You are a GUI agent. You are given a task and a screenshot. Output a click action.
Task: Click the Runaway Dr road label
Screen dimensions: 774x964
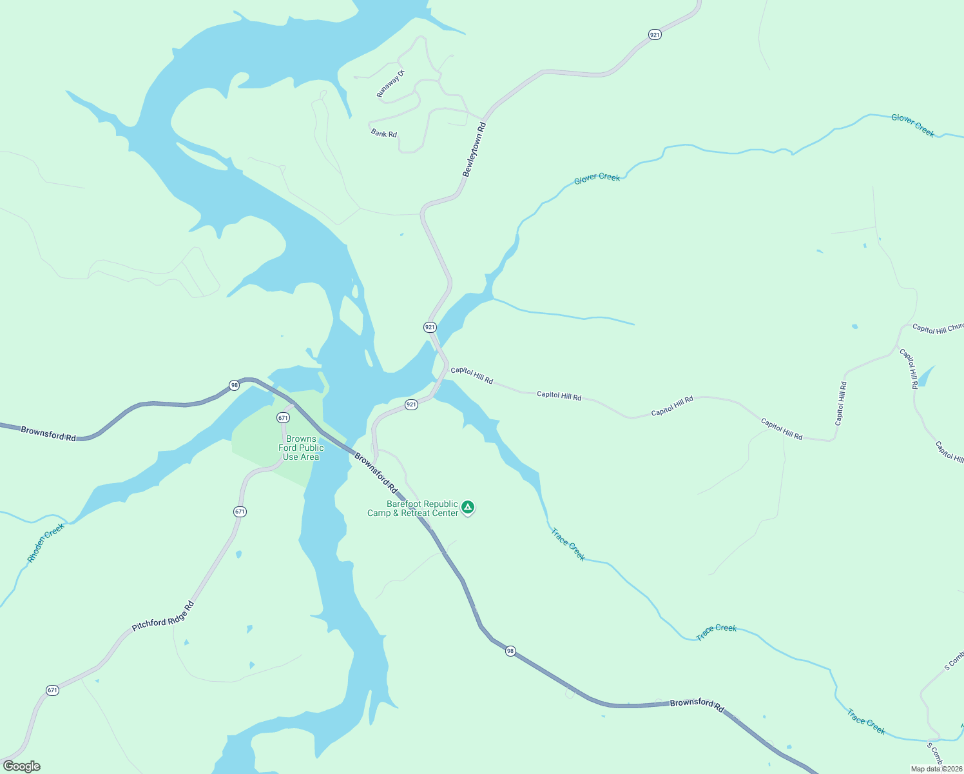[x=390, y=84]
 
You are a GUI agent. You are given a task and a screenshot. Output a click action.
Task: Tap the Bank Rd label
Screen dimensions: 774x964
[x=384, y=134]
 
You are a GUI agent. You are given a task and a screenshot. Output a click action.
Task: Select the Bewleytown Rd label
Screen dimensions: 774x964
[x=474, y=149]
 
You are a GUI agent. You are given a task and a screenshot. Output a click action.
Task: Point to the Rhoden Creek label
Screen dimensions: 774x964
[x=46, y=542]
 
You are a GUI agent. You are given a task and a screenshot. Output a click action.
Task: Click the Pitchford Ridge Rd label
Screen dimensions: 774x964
[x=162, y=617]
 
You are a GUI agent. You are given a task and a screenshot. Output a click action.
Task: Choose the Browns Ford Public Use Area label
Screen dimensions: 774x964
[x=301, y=448]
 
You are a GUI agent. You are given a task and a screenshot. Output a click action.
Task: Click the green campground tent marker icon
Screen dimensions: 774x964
[x=468, y=507]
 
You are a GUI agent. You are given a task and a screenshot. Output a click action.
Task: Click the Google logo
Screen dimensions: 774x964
[x=21, y=766]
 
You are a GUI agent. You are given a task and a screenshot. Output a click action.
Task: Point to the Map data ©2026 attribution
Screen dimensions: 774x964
[x=936, y=769]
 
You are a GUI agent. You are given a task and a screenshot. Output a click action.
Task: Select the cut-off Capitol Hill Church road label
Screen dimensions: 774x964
[x=938, y=329]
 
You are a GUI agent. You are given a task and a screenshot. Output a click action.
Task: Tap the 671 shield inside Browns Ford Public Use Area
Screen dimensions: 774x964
[x=283, y=418]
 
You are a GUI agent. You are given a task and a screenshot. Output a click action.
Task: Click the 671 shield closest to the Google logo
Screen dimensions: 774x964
[x=53, y=690]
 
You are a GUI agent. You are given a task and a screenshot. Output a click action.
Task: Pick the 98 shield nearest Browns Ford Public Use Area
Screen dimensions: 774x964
[x=234, y=386]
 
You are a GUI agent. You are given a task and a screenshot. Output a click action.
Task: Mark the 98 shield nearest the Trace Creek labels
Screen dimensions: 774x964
[x=510, y=651]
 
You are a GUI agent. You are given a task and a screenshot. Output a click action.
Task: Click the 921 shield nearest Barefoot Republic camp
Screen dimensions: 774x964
[x=411, y=404]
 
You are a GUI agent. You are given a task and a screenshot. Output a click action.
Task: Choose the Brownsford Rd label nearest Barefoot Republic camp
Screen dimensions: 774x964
[x=376, y=470]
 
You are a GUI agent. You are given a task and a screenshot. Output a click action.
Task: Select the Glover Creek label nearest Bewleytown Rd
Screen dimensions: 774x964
[x=597, y=177]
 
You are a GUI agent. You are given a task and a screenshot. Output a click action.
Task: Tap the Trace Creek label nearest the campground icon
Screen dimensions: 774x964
[x=568, y=544]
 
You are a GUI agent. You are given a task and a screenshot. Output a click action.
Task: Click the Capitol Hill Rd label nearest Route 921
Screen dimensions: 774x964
[x=472, y=375]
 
